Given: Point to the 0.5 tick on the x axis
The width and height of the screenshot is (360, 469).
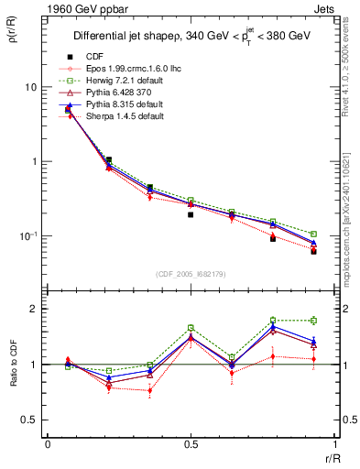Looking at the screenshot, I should [191, 444].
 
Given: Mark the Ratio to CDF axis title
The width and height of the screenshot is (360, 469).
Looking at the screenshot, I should [11, 365].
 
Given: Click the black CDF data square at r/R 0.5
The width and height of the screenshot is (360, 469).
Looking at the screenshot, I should [191, 214].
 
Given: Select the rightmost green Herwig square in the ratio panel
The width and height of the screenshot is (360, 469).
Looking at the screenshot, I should [313, 321].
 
